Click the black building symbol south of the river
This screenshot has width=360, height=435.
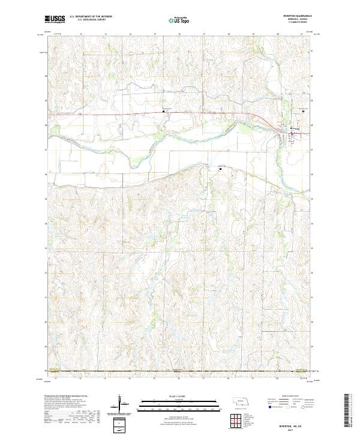point(220,169)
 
